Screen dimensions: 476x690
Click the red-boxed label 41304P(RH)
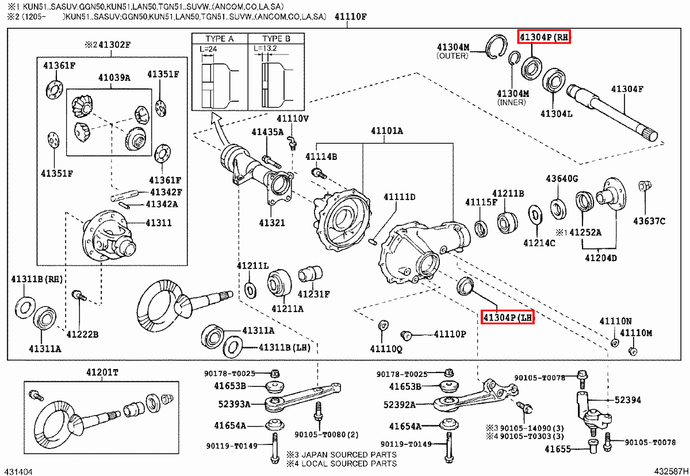coord(543,37)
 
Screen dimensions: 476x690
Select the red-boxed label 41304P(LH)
coord(507,317)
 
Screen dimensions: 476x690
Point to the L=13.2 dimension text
coord(266,49)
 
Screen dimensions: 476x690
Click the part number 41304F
coord(627,89)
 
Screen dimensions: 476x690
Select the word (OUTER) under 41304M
coord(453,56)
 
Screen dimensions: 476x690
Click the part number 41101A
coord(386,131)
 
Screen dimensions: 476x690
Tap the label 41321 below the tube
coord(271,222)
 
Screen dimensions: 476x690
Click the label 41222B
coord(82,334)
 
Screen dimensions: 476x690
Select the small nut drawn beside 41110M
coord(632,351)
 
